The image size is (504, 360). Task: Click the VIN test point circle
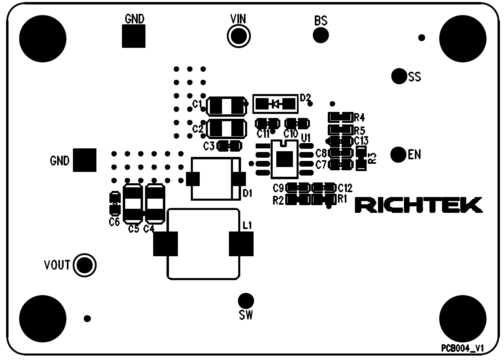[x=239, y=36]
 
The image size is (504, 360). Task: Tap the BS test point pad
[x=320, y=35]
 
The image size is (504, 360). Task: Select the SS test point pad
[x=399, y=75]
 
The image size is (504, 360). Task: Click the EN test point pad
[x=398, y=154]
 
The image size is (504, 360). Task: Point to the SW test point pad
[x=246, y=300]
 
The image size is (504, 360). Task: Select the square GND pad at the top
[x=134, y=36]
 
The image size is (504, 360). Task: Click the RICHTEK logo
[x=419, y=205]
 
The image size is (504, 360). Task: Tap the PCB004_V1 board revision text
[x=463, y=349]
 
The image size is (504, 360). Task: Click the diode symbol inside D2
[x=275, y=104]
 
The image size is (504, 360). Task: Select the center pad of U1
[x=285, y=159]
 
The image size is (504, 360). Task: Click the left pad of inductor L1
[x=165, y=244]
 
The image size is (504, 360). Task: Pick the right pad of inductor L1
[x=241, y=244]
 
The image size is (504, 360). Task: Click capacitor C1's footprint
[x=226, y=107]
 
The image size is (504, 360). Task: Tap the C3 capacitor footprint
[x=230, y=146]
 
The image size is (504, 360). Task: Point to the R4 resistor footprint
[x=340, y=117]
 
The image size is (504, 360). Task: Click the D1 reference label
[x=247, y=194]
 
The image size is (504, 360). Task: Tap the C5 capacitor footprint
[x=132, y=204]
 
